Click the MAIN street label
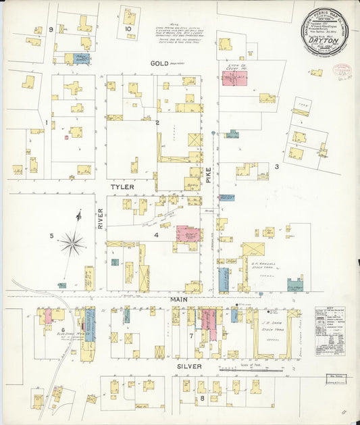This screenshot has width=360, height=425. click(x=179, y=299)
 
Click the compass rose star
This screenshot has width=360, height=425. click(x=72, y=243)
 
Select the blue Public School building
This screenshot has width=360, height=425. click(x=80, y=59)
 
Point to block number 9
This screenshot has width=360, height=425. click(x=51, y=30)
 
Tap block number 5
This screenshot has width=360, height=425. click(x=51, y=236)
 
